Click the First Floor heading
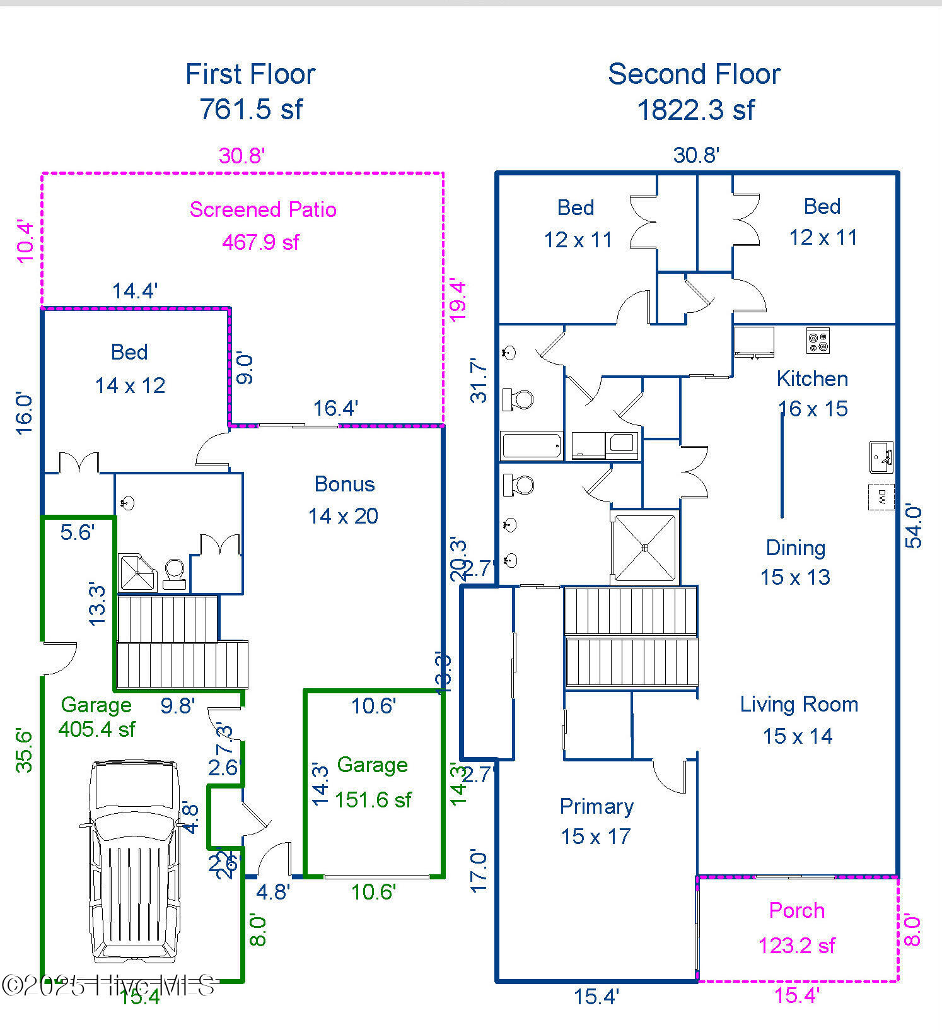[250, 74]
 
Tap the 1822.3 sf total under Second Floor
[695, 110]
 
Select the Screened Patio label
[263, 209]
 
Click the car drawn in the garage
[134, 861]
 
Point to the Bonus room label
[344, 484]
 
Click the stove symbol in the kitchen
[818, 341]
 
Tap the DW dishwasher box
[881, 496]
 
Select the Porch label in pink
[796, 910]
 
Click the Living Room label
[799, 705]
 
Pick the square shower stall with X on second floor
[644, 548]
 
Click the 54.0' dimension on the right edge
[914, 525]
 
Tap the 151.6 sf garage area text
[373, 800]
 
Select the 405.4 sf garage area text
[96, 729]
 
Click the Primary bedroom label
[596, 806]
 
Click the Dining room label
[795, 548]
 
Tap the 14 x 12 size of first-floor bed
[130, 385]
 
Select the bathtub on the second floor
[532, 445]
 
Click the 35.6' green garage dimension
[24, 750]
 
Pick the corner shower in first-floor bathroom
[137, 572]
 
